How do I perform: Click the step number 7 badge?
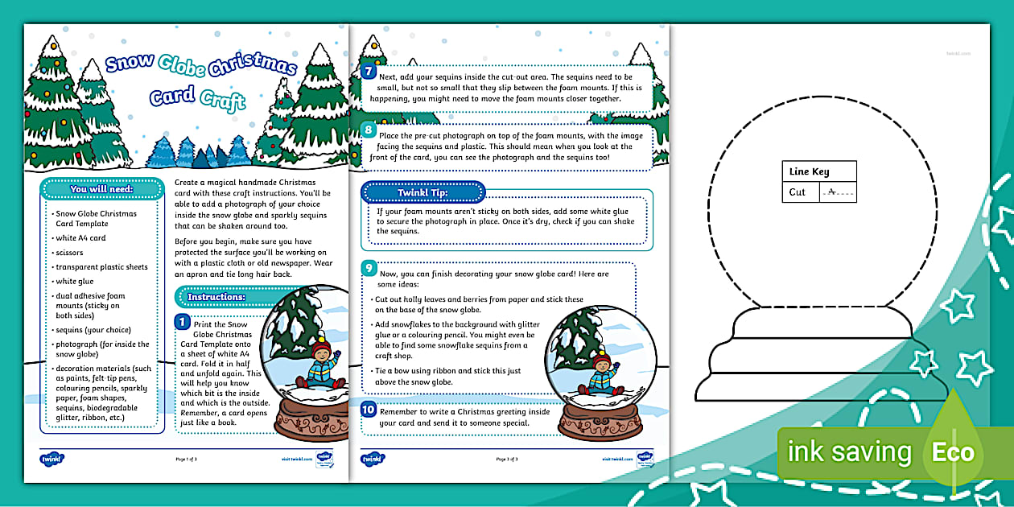click(x=369, y=71)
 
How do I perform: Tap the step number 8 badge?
click(x=369, y=130)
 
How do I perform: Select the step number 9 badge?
click(x=369, y=268)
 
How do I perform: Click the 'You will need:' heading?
click(x=101, y=190)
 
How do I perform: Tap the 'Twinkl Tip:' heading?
click(x=422, y=192)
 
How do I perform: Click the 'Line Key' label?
click(x=809, y=171)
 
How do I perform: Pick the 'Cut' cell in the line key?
click(x=798, y=192)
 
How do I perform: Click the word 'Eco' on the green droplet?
click(x=953, y=452)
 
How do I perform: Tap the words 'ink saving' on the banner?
click(x=849, y=452)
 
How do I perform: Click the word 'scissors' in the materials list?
click(x=69, y=253)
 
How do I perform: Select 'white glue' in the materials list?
click(x=76, y=282)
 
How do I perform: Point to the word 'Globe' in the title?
click(x=182, y=63)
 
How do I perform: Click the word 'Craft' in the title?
click(x=223, y=101)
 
